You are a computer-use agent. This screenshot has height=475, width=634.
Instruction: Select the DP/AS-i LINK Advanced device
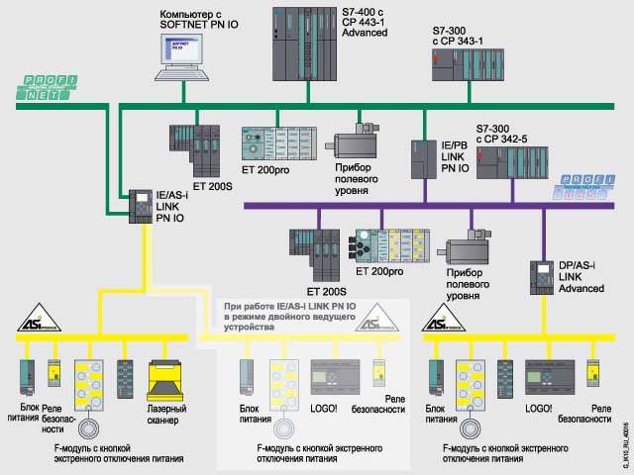click(x=541, y=276)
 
